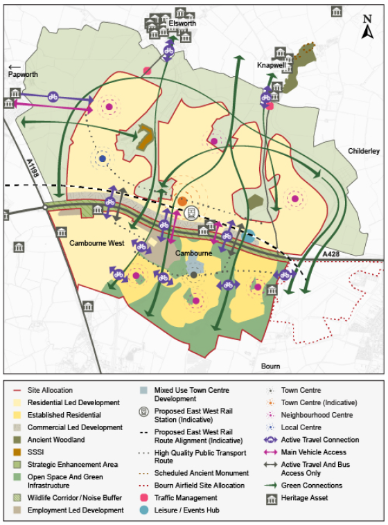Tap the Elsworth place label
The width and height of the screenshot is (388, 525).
point(182,24)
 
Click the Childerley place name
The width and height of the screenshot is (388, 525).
point(364,151)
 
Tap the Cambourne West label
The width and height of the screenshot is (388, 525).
point(97,244)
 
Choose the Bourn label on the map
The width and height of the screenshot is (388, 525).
point(271,366)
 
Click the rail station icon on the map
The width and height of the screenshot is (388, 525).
point(195,213)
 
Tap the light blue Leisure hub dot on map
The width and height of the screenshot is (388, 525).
point(249,236)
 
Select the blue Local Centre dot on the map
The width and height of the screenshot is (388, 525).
point(103,159)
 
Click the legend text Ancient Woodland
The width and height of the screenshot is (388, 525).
point(56,439)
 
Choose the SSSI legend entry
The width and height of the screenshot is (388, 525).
point(37,452)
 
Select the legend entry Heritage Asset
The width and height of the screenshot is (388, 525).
point(304,498)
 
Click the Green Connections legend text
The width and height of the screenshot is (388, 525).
point(311,486)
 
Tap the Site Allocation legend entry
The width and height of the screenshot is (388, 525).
point(50,391)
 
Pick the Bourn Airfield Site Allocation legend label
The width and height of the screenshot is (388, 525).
point(199,486)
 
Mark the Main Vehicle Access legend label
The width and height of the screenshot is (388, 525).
point(314,452)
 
